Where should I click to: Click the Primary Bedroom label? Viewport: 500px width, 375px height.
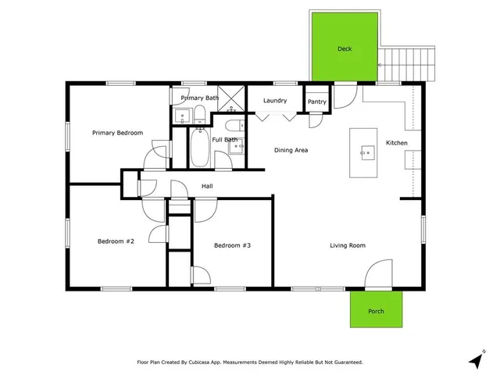(x=117, y=133)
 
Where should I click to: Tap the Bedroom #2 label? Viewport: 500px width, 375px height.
(x=116, y=241)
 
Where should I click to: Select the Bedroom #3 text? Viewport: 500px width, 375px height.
(x=232, y=245)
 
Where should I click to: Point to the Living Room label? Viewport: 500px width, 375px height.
(x=347, y=245)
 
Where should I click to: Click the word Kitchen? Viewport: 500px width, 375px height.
(x=396, y=143)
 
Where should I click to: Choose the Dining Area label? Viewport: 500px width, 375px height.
(x=290, y=150)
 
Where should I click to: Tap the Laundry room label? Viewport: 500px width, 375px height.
(x=274, y=101)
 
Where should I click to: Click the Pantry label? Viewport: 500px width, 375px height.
(x=317, y=102)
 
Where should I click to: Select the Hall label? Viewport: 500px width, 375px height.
(x=207, y=186)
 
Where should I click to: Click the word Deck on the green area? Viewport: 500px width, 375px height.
(x=345, y=49)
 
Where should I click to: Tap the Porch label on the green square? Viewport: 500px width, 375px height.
(x=376, y=311)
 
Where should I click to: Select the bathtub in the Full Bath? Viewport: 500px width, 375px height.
(x=199, y=148)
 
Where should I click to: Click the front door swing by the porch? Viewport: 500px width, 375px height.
(x=378, y=277)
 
